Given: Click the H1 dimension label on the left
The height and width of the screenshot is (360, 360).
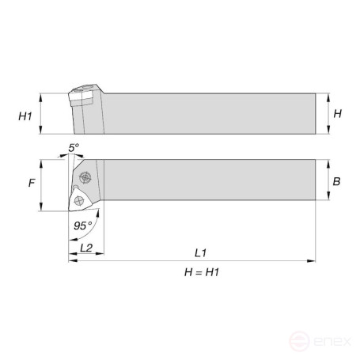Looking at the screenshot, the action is (25, 116).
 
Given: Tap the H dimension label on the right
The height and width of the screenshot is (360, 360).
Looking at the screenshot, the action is (337, 114).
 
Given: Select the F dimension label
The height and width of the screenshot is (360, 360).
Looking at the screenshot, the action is (32, 183).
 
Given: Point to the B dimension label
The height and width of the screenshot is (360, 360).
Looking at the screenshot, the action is (336, 181).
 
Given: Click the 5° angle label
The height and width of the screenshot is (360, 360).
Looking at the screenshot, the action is (74, 148).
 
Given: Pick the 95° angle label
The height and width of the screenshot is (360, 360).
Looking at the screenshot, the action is (83, 225).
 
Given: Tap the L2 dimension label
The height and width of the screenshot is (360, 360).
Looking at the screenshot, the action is (86, 248).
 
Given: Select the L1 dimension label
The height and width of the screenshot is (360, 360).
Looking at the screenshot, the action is (200, 253).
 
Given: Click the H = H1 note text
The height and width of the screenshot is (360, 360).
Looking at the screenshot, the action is (202, 272).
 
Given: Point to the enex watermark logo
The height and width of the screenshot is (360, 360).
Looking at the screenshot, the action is (320, 341).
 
